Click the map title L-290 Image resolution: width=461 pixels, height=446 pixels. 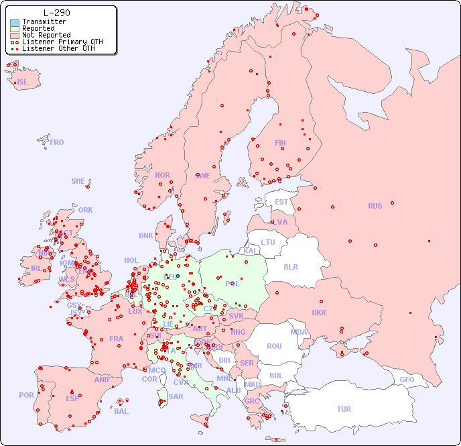56,13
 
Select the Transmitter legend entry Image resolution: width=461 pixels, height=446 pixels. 44,21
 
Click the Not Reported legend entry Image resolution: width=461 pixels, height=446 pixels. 46,35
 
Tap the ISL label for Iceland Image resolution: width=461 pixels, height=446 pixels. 23,82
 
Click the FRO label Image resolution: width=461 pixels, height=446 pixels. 57,142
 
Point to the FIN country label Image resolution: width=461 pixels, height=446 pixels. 280,143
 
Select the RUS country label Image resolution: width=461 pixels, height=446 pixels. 375,206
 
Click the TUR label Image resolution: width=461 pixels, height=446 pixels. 344,409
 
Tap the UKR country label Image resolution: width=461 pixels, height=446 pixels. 319,313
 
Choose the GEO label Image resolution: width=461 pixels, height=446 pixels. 407,380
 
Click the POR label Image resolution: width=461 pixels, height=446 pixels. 26,395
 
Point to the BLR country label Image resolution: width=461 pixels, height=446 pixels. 291,266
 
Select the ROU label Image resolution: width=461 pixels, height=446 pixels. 274,346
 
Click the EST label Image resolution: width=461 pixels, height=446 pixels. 281,202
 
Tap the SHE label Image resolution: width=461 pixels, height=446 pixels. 78,181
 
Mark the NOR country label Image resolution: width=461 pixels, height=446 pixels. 162,175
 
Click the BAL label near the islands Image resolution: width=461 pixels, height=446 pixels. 121,411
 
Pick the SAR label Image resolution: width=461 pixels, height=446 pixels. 176,396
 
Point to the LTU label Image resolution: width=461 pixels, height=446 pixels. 268,242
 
